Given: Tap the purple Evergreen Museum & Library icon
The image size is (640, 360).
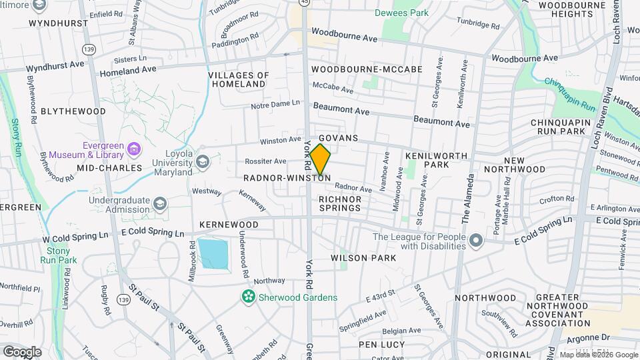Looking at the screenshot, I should coord(134,148).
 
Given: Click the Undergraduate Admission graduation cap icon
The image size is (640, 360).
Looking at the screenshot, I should coord(159,203).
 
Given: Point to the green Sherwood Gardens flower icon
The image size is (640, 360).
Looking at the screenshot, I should coord(248,297).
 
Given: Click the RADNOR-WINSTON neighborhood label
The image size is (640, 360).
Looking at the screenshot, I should coord(285,178).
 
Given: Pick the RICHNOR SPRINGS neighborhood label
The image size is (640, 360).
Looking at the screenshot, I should coord(340,203).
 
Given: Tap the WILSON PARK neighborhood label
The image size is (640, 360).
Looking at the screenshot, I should coord(363,257).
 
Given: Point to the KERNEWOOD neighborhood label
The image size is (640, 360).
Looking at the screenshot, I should coord(229,225).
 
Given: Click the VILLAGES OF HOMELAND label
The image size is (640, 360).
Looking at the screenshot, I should coord(239,79).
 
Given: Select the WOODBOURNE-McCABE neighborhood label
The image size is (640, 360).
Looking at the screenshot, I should coord(367,69).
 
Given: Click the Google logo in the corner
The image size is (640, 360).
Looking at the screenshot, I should coord(21,351).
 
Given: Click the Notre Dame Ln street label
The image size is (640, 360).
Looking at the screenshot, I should coord(275,105).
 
